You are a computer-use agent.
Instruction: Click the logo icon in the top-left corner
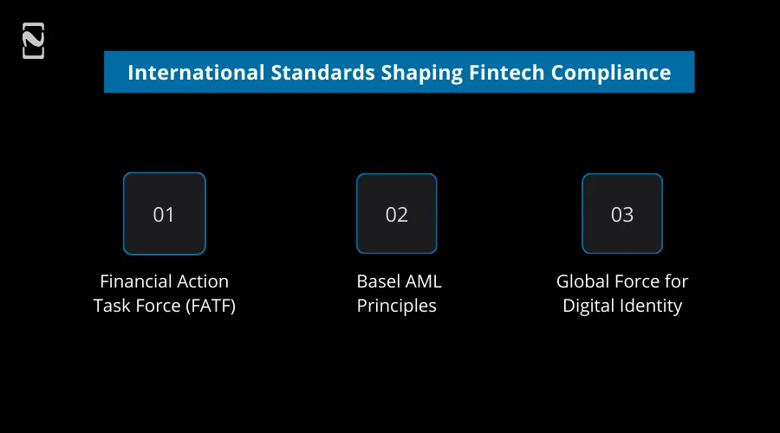[x=33, y=42]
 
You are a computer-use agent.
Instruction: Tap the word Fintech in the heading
[x=503, y=72]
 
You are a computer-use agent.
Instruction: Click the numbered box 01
[x=164, y=214]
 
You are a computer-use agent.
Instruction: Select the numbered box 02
[x=396, y=214]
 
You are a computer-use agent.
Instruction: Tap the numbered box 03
[x=621, y=214]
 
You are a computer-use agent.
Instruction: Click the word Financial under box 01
[x=136, y=281]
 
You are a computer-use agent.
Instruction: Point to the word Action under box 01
[x=203, y=281]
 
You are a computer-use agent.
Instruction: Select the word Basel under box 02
[x=378, y=281]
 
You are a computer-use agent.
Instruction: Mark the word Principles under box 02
[x=396, y=306]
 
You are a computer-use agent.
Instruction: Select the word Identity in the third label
[x=653, y=306]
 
